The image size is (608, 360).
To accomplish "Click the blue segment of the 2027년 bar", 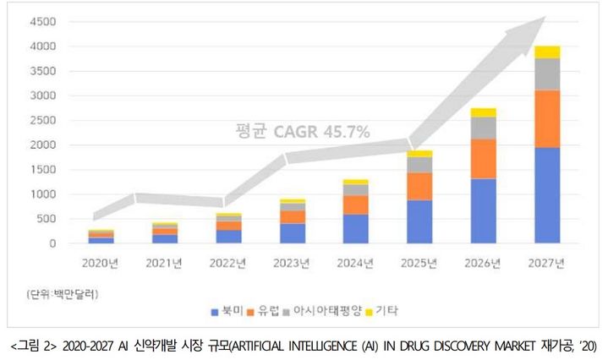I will tap(547, 195).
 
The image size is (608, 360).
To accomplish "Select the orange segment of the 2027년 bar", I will tap(547, 118).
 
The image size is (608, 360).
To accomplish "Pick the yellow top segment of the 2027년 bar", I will tap(547, 52).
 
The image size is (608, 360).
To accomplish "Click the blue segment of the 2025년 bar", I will tap(420, 221).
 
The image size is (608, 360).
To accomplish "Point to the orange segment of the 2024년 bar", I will tap(356, 205).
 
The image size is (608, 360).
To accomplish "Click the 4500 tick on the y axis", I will tap(41, 23).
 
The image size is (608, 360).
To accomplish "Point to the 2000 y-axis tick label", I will tap(41, 145).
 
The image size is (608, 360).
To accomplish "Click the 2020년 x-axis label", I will tap(102, 263).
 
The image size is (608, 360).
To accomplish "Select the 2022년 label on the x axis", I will tap(229, 263).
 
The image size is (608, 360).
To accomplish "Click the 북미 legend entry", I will tap(226, 312).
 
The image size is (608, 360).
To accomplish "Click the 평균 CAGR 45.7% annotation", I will tap(302, 131).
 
